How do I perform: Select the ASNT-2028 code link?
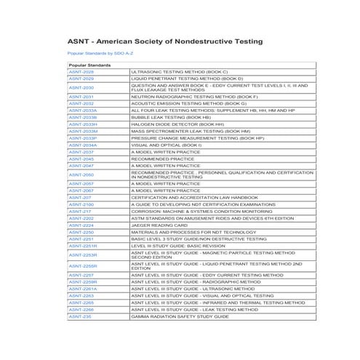click(81, 72)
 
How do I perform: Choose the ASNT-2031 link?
click(81, 97)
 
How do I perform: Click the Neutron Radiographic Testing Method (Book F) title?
click(194, 97)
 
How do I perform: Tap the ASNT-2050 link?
click(81, 175)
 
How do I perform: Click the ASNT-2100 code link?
click(81, 205)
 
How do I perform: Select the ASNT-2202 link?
click(81, 218)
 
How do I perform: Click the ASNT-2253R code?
click(82, 255)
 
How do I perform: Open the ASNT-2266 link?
click(81, 310)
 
